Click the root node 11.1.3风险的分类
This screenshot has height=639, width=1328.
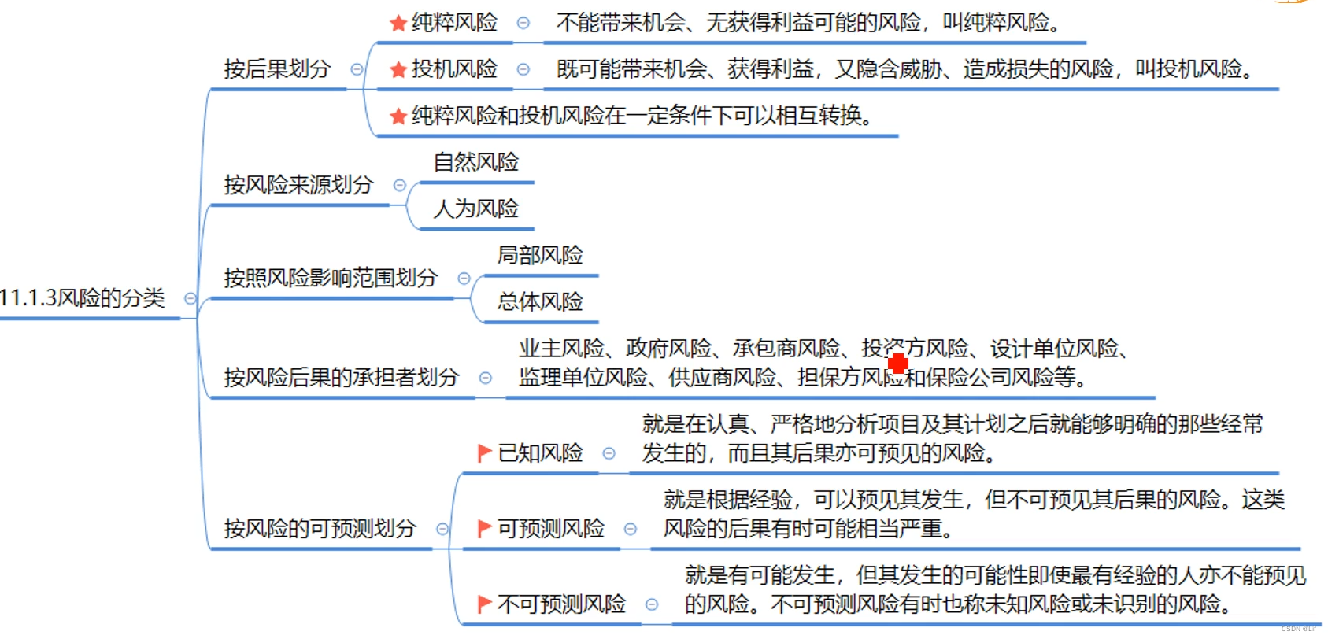point(83,298)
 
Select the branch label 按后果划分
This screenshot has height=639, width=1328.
point(277,69)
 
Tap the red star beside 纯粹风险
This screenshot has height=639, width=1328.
point(398,24)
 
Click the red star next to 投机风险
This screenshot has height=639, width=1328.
point(398,70)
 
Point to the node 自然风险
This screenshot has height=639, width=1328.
point(476,162)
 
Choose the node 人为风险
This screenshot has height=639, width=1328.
point(476,209)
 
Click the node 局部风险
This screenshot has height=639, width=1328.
point(540,255)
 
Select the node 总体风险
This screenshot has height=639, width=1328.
point(540,301)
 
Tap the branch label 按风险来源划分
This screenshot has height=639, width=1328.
point(298,185)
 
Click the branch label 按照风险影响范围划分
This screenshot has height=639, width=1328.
point(331,278)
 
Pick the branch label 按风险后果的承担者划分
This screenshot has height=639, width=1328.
point(341,378)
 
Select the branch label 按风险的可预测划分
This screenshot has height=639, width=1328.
point(320,528)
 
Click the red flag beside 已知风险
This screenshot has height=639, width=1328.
point(484,453)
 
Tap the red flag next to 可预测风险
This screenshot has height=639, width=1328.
point(484,529)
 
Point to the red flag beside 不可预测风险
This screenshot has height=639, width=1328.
point(484,604)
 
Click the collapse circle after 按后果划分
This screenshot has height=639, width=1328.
point(357,69)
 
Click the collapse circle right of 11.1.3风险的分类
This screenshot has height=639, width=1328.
point(191,298)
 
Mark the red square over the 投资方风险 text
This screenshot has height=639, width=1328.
point(898,364)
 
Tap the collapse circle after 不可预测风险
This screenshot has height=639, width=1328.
point(652,604)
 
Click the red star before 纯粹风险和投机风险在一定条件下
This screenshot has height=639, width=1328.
point(398,116)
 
